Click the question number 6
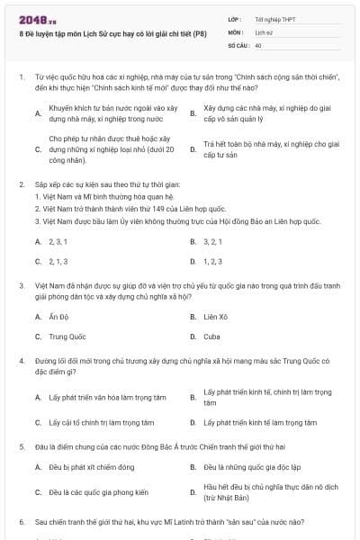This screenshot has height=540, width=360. coord(21,521)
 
